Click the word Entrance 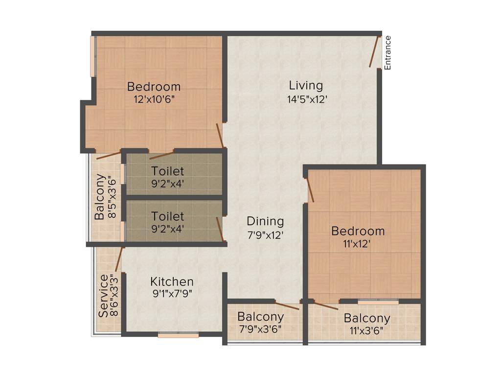click(x=387, y=52)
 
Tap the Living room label click(x=306, y=86)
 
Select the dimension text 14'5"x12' click(x=307, y=99)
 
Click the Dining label click(x=265, y=221)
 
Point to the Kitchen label click(x=172, y=282)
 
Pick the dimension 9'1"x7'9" click(x=172, y=295)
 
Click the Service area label click(x=103, y=296)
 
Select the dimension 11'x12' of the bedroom click(x=358, y=243)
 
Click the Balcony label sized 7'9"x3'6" click(x=260, y=317)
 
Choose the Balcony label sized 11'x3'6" click(x=367, y=318)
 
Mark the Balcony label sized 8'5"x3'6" click(x=100, y=196)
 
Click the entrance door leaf click(x=375, y=51)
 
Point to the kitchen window click(x=178, y=335)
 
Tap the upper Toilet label click(x=168, y=171)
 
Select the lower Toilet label click(x=168, y=216)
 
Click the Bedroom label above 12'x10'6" click(x=154, y=87)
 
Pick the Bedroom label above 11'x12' click(x=358, y=231)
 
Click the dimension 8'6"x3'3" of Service click(x=114, y=296)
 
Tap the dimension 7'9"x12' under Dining click(x=265, y=234)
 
